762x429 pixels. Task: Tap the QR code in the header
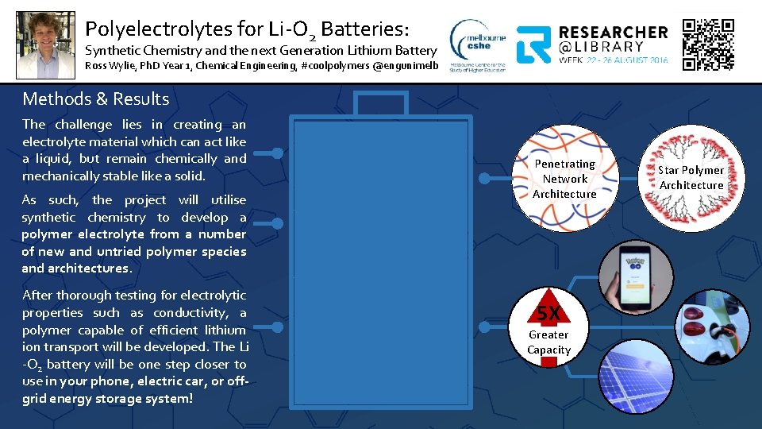709,44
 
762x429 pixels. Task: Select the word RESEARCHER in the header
614,33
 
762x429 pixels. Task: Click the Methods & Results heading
96,99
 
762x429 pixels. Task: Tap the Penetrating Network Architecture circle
564,179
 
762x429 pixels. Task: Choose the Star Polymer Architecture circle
691,176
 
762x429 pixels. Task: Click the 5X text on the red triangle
548,313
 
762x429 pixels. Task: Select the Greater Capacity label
548,342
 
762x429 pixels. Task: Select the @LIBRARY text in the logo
602,47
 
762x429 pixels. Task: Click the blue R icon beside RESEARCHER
534,44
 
